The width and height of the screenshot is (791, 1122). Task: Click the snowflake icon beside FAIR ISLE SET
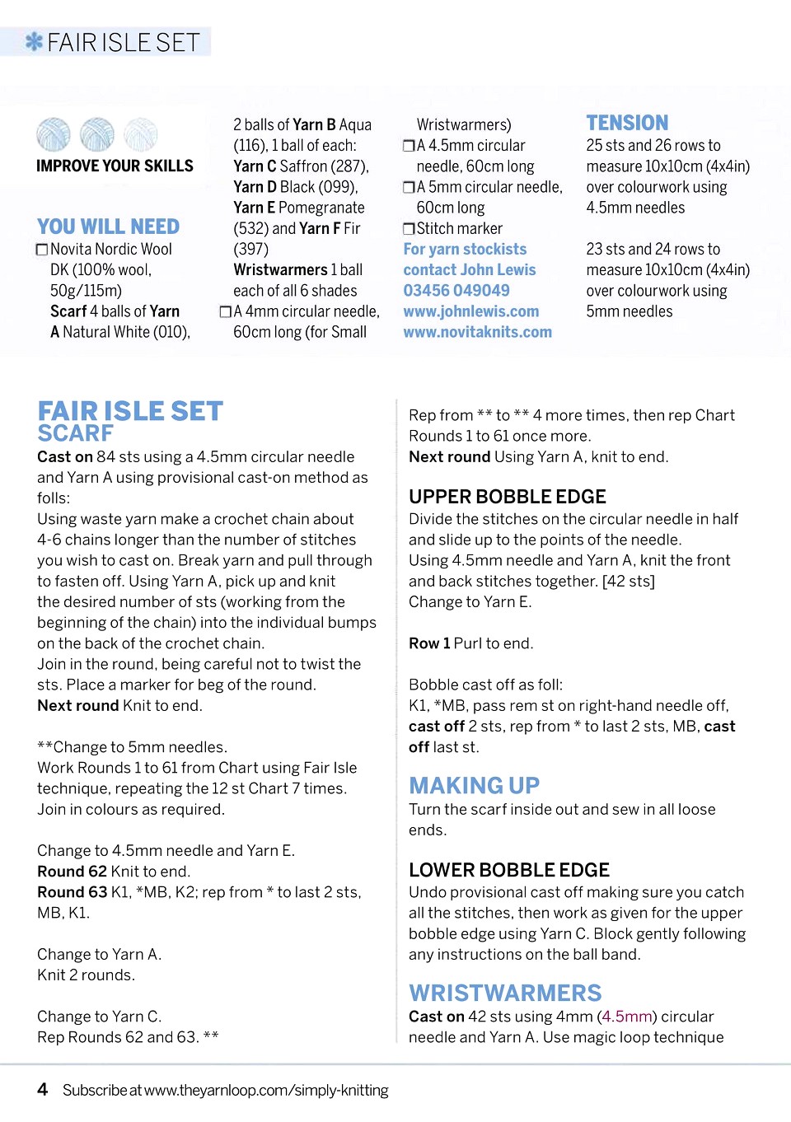(x=34, y=41)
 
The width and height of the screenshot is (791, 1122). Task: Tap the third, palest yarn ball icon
(x=140, y=134)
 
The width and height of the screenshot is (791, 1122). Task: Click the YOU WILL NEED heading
(x=108, y=227)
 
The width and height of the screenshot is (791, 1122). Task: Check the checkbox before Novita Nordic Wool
(x=42, y=250)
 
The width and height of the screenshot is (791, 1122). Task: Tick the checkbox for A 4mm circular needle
(x=225, y=312)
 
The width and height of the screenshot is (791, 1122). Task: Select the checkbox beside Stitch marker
(x=409, y=229)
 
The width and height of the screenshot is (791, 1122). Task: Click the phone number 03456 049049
(x=456, y=291)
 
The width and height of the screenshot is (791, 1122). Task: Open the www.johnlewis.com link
(x=471, y=311)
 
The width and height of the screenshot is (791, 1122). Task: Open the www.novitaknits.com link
(x=478, y=332)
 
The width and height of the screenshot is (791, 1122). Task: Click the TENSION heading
(x=627, y=124)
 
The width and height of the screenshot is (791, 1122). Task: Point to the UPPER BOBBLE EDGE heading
(x=508, y=497)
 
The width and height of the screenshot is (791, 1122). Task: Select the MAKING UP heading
(x=475, y=785)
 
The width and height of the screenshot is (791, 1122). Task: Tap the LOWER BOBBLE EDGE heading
(x=509, y=870)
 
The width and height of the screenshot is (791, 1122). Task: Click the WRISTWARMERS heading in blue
(x=505, y=993)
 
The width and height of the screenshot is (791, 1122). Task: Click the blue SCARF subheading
(x=76, y=433)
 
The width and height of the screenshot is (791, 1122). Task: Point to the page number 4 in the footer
(x=43, y=1089)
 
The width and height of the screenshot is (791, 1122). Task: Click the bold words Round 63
(x=73, y=892)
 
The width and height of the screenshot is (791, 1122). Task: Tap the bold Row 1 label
(x=429, y=643)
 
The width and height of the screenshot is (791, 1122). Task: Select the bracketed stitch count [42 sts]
(x=629, y=581)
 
